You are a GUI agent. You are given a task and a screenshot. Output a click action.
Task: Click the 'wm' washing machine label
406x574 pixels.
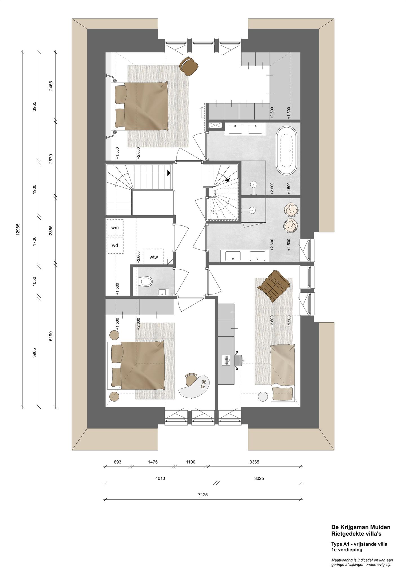pos(115,228)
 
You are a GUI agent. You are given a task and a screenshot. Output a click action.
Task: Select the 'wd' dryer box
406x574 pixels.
pos(115,245)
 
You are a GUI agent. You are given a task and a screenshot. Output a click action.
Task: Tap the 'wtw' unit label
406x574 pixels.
pos(154,257)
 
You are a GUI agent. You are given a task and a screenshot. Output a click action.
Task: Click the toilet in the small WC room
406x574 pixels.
pos(146,281)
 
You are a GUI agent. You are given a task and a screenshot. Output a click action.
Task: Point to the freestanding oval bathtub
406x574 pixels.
pos(288,151)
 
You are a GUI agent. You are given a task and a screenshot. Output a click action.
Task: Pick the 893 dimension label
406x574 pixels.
pos(117,462)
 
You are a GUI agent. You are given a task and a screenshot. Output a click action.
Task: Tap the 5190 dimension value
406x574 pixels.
pos(51,336)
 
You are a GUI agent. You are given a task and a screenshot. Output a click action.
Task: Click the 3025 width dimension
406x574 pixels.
pos(259,478)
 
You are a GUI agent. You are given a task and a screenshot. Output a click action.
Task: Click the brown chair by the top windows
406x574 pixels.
pos(189,65)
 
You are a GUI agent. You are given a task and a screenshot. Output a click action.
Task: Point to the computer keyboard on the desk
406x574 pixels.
pos(226,360)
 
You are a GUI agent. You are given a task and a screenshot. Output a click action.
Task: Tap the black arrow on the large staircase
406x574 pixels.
pos(169,173)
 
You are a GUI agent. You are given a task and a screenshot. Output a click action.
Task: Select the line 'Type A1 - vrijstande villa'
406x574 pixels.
pos(359,544)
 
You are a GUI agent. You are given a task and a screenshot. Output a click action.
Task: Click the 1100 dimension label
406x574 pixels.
pos(191,462)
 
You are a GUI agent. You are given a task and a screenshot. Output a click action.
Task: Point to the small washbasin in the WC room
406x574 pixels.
pos(162,292)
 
